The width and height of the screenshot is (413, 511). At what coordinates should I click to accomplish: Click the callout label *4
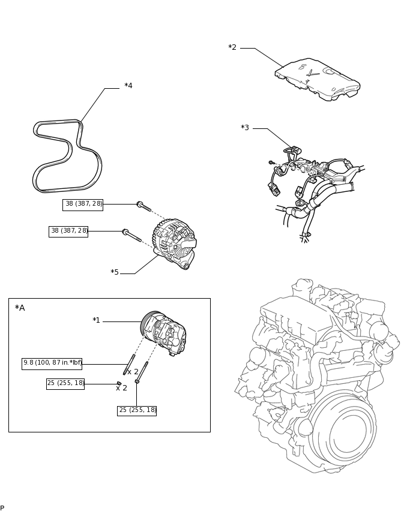coord(128,86)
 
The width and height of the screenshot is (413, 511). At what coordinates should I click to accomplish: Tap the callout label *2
coord(232,47)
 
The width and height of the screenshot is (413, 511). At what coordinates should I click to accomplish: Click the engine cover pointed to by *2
coord(318,79)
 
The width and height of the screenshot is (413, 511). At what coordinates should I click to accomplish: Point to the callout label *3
coord(245,128)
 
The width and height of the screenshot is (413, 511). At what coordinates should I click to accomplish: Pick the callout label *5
coord(115,272)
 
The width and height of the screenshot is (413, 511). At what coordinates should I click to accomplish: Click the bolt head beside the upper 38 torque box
coord(140,205)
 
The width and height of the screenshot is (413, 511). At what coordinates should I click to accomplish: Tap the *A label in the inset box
coord(20,308)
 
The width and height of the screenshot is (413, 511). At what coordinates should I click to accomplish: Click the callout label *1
coord(96,320)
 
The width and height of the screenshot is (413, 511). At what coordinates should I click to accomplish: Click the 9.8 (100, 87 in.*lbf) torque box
coord(52,363)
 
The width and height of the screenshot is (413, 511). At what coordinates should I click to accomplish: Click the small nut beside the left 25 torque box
coord(119,383)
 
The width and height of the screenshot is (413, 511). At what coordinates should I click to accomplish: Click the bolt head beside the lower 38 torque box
coord(125,232)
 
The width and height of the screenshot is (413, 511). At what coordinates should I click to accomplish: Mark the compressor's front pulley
coord(148,324)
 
